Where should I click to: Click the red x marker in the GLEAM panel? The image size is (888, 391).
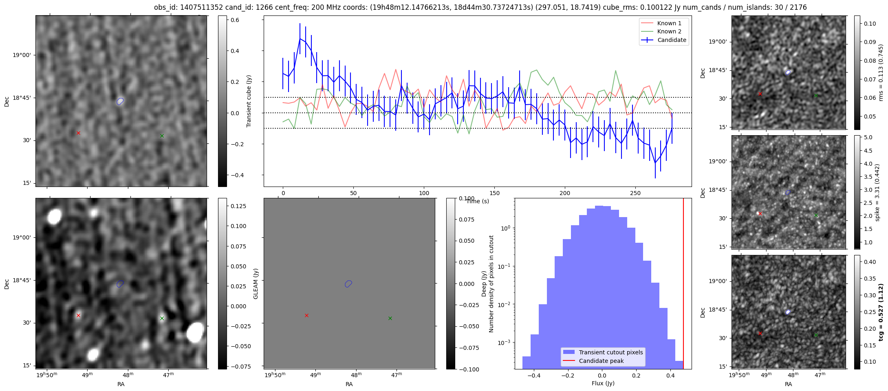point(306,315)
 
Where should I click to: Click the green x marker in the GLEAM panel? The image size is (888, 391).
point(390,318)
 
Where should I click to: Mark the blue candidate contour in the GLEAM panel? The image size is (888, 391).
point(348,284)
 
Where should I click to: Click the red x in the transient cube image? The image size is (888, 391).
point(78,133)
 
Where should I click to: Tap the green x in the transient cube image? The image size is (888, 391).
point(162,136)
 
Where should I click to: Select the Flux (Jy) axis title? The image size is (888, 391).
point(603,383)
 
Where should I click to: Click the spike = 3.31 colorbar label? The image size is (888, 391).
point(877,192)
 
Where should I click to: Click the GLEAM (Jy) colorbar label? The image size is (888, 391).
point(256,283)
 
